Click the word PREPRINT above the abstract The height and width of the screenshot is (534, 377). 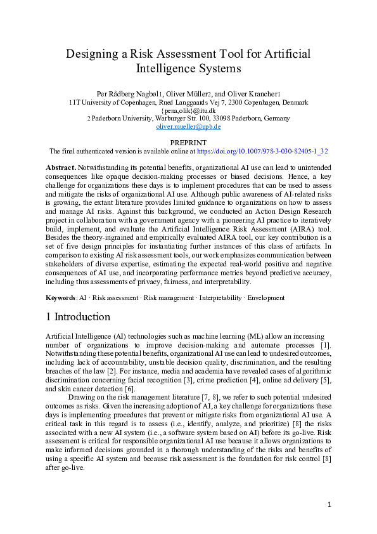click(x=188, y=143)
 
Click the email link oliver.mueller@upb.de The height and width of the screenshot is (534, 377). click(x=188, y=127)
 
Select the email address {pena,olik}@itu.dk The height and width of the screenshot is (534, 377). click(x=188, y=110)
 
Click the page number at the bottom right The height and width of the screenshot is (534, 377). click(x=329, y=504)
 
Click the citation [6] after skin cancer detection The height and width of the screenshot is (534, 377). click(x=128, y=388)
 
